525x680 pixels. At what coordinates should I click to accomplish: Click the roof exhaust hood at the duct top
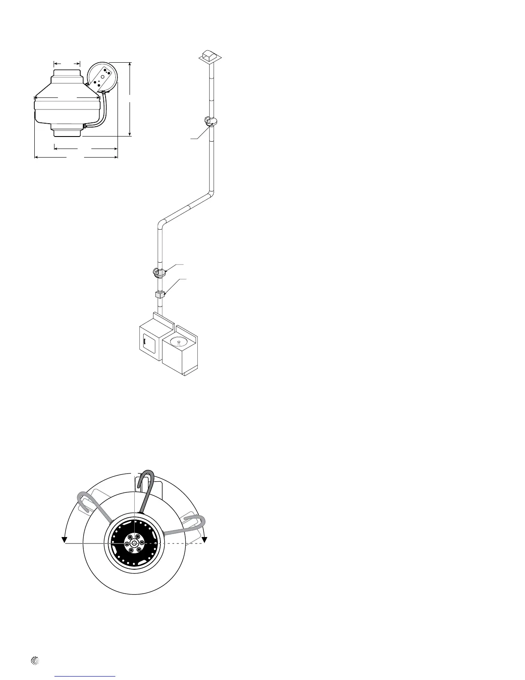[210, 56]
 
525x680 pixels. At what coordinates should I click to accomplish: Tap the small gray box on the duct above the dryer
[160, 295]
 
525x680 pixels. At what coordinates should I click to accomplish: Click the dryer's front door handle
[145, 342]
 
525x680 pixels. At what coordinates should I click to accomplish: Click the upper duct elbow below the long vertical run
[210, 193]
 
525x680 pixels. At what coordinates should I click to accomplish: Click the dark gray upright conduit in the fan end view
[148, 489]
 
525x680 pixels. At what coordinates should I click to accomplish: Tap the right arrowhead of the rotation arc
[205, 539]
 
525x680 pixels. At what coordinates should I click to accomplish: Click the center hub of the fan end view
[135, 543]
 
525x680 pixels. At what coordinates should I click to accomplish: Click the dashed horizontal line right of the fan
[184, 543]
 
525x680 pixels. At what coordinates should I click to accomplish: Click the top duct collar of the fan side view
[67, 74]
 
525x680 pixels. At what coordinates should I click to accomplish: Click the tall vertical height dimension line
[130, 99]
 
